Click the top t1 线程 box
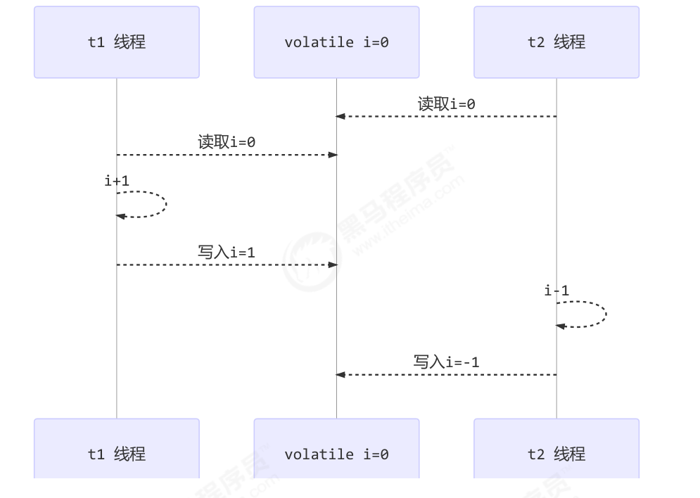click(x=117, y=42)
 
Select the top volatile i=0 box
click(x=336, y=42)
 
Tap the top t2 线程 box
click(x=556, y=42)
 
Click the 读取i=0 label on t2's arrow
click(x=446, y=104)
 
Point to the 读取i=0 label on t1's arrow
click(x=227, y=142)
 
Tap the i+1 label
click(x=117, y=181)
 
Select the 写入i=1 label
click(x=227, y=252)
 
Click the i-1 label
click(x=556, y=290)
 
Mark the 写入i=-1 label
click(x=446, y=362)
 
